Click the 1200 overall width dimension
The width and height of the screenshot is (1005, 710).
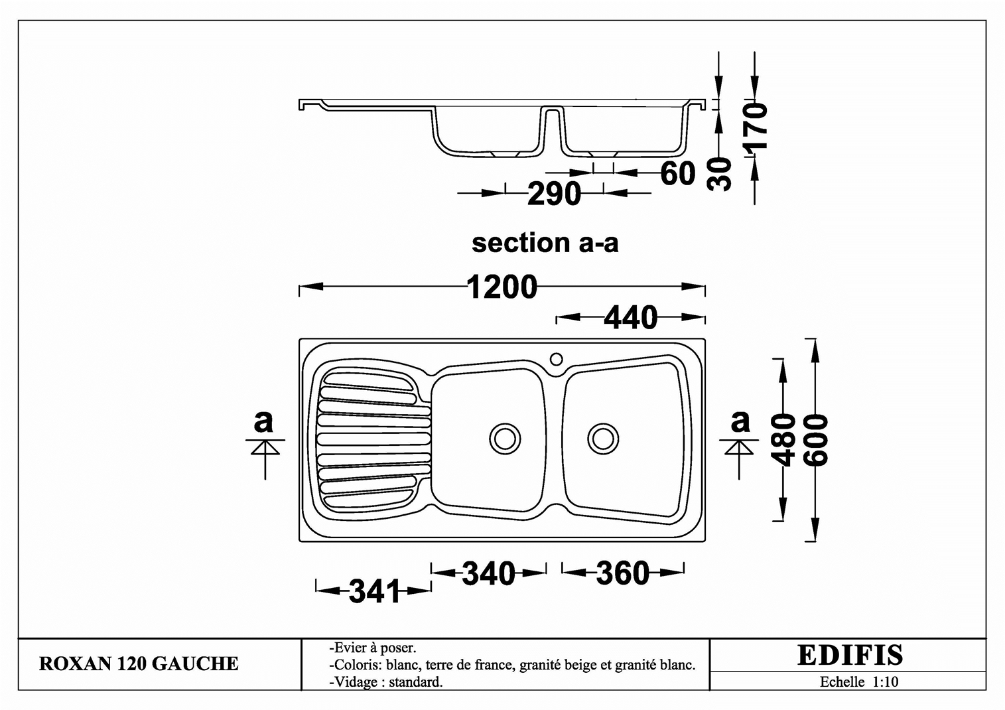tap(502, 287)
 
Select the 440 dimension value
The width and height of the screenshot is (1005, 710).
tap(630, 318)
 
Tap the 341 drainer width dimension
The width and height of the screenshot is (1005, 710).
tap(374, 591)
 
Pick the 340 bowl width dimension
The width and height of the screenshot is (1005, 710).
tap(489, 573)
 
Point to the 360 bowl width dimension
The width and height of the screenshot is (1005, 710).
tap(623, 573)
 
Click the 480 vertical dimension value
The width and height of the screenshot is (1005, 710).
tap(783, 440)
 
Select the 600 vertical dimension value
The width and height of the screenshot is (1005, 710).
tap(815, 440)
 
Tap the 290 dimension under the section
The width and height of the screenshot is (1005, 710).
tap(554, 194)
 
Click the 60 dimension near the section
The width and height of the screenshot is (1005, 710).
tap(678, 173)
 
